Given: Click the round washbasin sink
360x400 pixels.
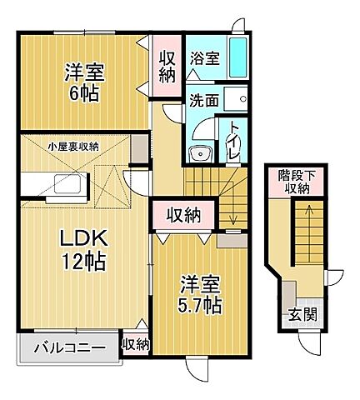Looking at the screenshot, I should point(197,152).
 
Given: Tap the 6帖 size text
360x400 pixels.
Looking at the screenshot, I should point(85,93).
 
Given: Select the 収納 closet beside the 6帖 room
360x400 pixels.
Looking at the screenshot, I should point(165,65).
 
